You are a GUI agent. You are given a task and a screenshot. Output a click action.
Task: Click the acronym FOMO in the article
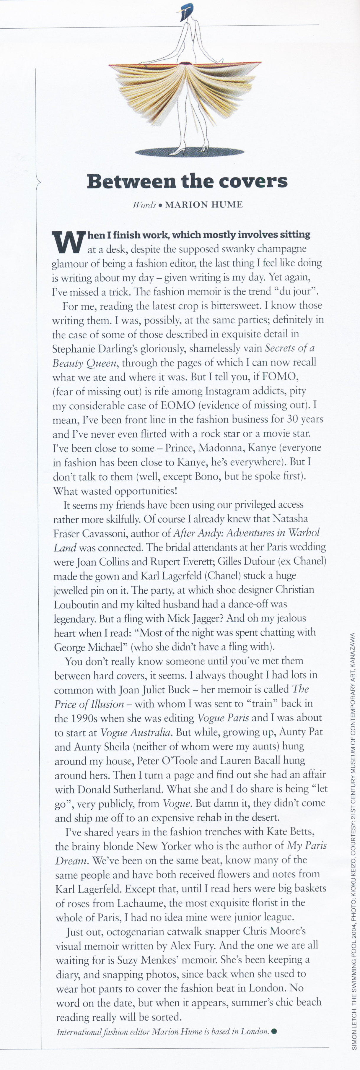278,377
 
